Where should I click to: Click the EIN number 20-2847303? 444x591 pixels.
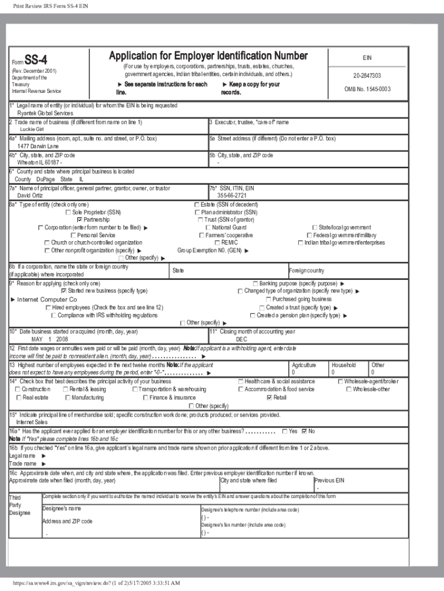coord(367,76)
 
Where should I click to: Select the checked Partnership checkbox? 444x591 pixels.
coord(79,220)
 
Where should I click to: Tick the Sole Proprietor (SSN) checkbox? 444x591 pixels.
coord(69,212)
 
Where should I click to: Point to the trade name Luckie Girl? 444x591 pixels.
coord(32,130)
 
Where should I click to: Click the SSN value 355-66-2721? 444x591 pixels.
coord(232,196)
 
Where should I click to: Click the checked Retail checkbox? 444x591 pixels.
coord(269,398)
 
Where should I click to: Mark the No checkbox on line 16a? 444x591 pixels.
coord(304,431)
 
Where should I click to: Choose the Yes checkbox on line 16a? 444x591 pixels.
coord(284,431)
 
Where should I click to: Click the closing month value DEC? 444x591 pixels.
coord(241,339)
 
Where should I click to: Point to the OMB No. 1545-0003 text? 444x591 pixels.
coord(367,89)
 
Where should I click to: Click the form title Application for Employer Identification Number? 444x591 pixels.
coord(208,56)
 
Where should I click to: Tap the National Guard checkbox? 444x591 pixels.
coord(201,227)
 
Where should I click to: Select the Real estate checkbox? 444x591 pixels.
coord(19,398)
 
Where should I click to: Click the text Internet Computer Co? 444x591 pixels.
coord(47,300)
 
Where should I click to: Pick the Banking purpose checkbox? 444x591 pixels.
coord(255,283)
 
